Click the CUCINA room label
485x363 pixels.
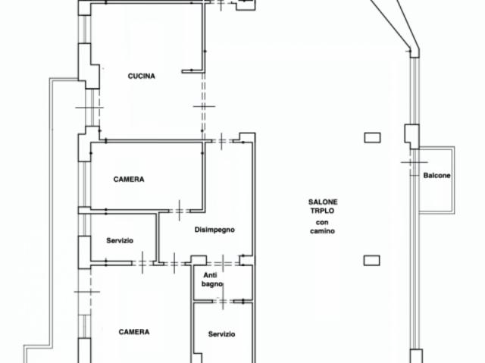click(x=142, y=76)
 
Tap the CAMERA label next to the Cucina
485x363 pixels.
click(x=129, y=180)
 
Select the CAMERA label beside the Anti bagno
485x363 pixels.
click(x=134, y=332)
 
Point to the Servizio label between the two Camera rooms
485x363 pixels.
click(x=120, y=240)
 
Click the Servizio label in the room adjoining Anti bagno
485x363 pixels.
click(x=221, y=334)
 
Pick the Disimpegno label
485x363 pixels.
click(x=214, y=230)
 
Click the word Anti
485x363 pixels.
click(x=210, y=275)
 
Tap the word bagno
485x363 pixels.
click(x=212, y=284)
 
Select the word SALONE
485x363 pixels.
click(x=323, y=202)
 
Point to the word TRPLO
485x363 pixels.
click(x=322, y=211)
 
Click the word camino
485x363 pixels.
click(x=322, y=230)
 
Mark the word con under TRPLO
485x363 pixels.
click(x=322, y=222)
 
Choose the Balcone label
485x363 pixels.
click(x=436, y=175)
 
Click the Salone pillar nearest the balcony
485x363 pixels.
click(x=372, y=138)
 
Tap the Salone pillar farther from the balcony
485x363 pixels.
click(x=371, y=261)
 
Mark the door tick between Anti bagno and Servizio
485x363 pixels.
click(x=223, y=301)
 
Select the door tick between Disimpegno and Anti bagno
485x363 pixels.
click(x=224, y=264)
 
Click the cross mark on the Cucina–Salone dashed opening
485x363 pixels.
click(x=204, y=106)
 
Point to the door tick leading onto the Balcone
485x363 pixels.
click(x=415, y=161)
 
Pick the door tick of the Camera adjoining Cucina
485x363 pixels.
click(x=180, y=211)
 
